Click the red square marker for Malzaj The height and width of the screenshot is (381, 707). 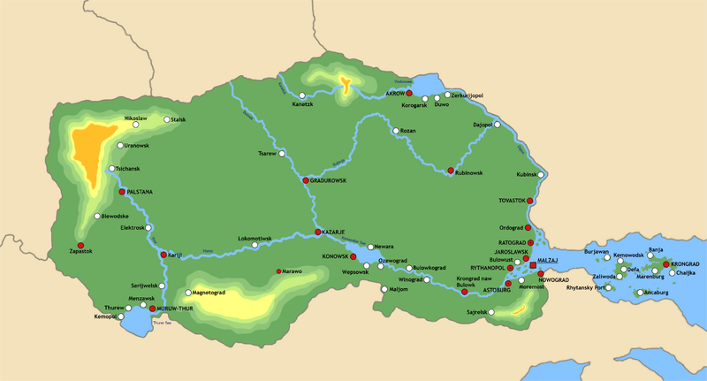532,263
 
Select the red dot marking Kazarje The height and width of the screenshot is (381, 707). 317,232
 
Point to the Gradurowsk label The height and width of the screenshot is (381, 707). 329,180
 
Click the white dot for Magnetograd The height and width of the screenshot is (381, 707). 187,293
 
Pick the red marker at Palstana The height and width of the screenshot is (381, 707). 121,191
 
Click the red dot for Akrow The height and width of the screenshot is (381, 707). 409,93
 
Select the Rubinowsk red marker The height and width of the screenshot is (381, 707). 451,171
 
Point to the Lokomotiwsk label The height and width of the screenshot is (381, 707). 255,238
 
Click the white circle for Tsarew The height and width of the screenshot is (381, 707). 282,154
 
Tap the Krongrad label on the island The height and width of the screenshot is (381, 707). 684,264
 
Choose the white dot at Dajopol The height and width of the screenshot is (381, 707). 497,125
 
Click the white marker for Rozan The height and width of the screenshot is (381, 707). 394,131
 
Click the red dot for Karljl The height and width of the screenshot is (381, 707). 163,255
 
